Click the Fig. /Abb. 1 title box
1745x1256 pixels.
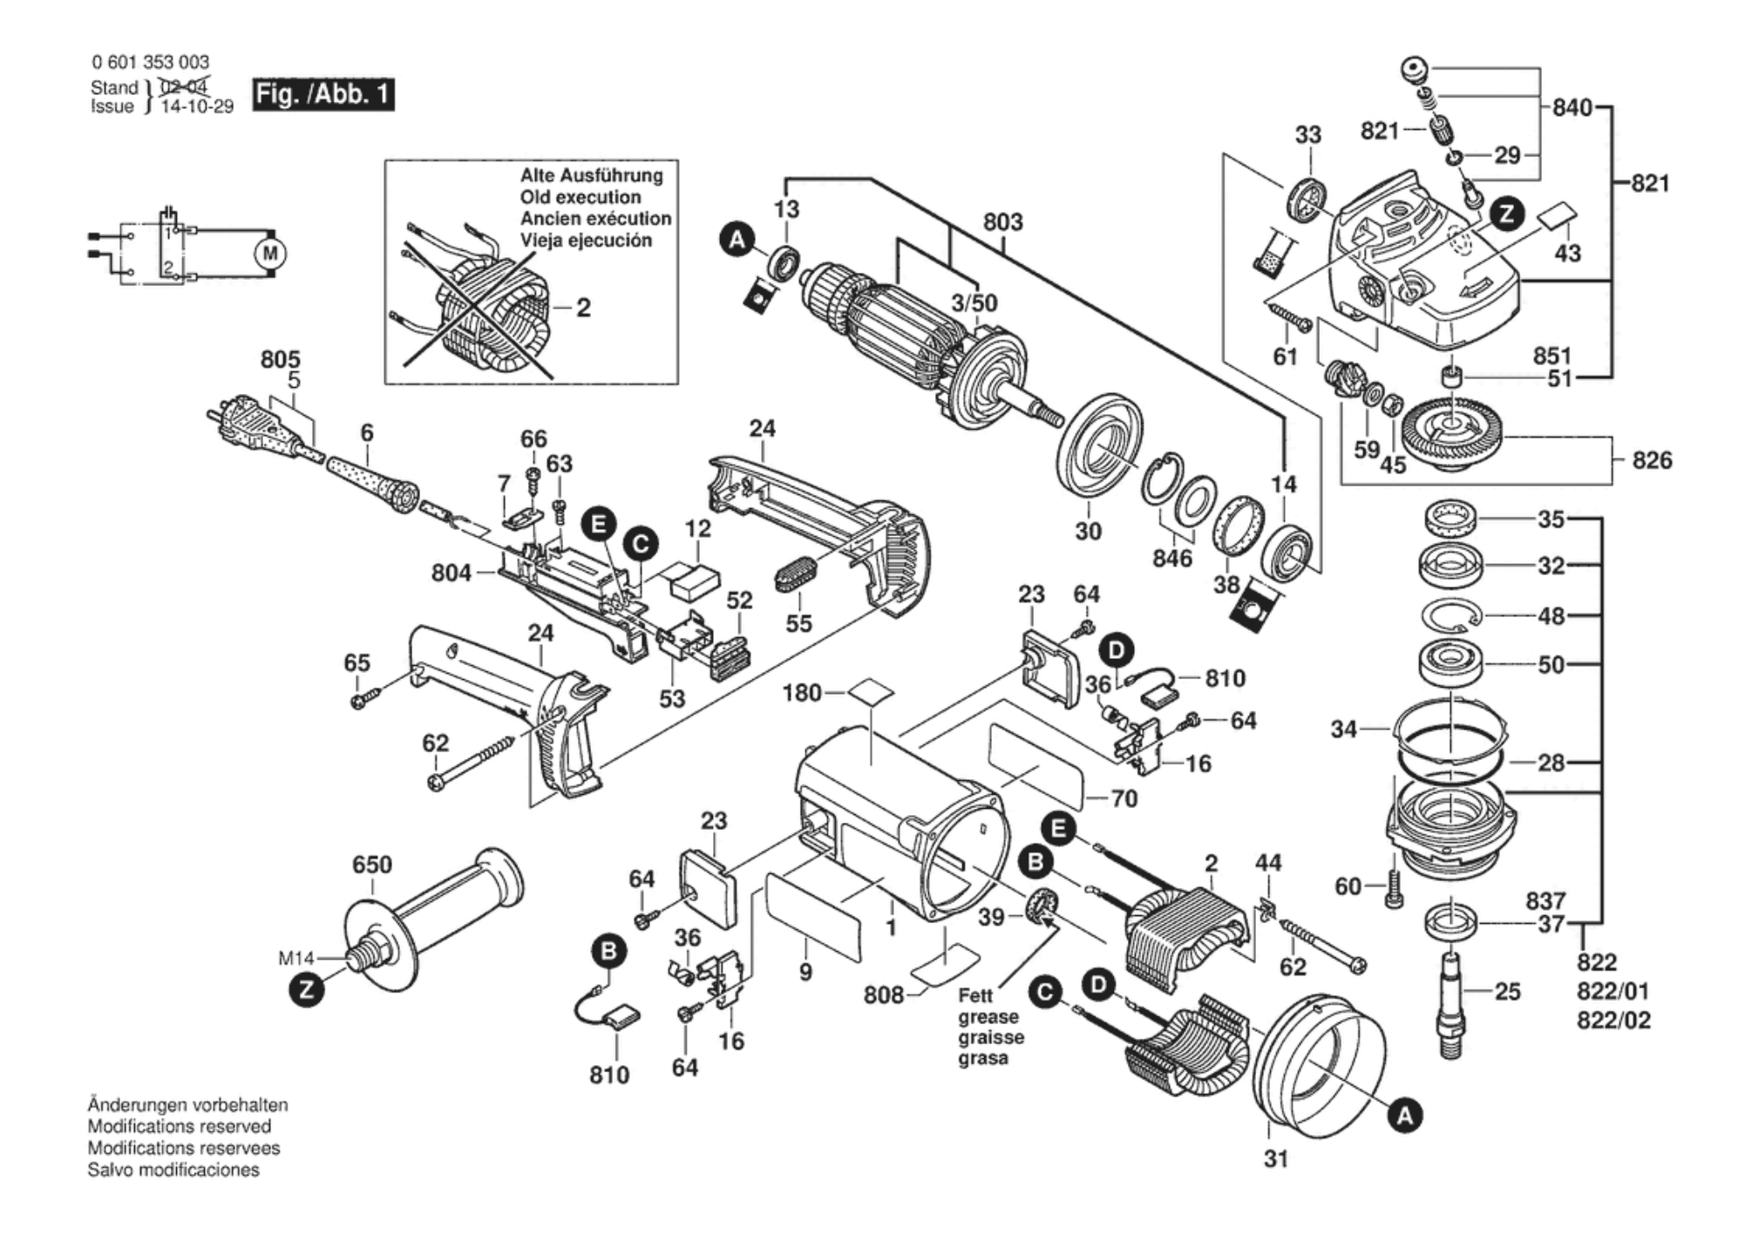(x=323, y=94)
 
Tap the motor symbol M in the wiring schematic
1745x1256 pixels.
(x=270, y=254)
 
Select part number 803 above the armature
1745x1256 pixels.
(x=1002, y=222)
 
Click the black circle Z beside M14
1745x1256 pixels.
(x=307, y=990)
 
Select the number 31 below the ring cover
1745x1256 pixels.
(x=1276, y=1159)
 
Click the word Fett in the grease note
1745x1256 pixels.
(x=975, y=995)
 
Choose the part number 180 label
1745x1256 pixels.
(x=802, y=693)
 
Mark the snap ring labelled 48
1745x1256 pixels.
(x=1451, y=616)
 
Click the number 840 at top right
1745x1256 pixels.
(x=1572, y=108)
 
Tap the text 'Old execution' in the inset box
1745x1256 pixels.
(x=580, y=198)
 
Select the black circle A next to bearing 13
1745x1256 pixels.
(x=737, y=239)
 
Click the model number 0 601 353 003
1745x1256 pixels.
(x=150, y=62)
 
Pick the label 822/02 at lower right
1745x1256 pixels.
(x=1613, y=1021)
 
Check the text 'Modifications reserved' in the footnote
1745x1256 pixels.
(x=179, y=1127)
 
